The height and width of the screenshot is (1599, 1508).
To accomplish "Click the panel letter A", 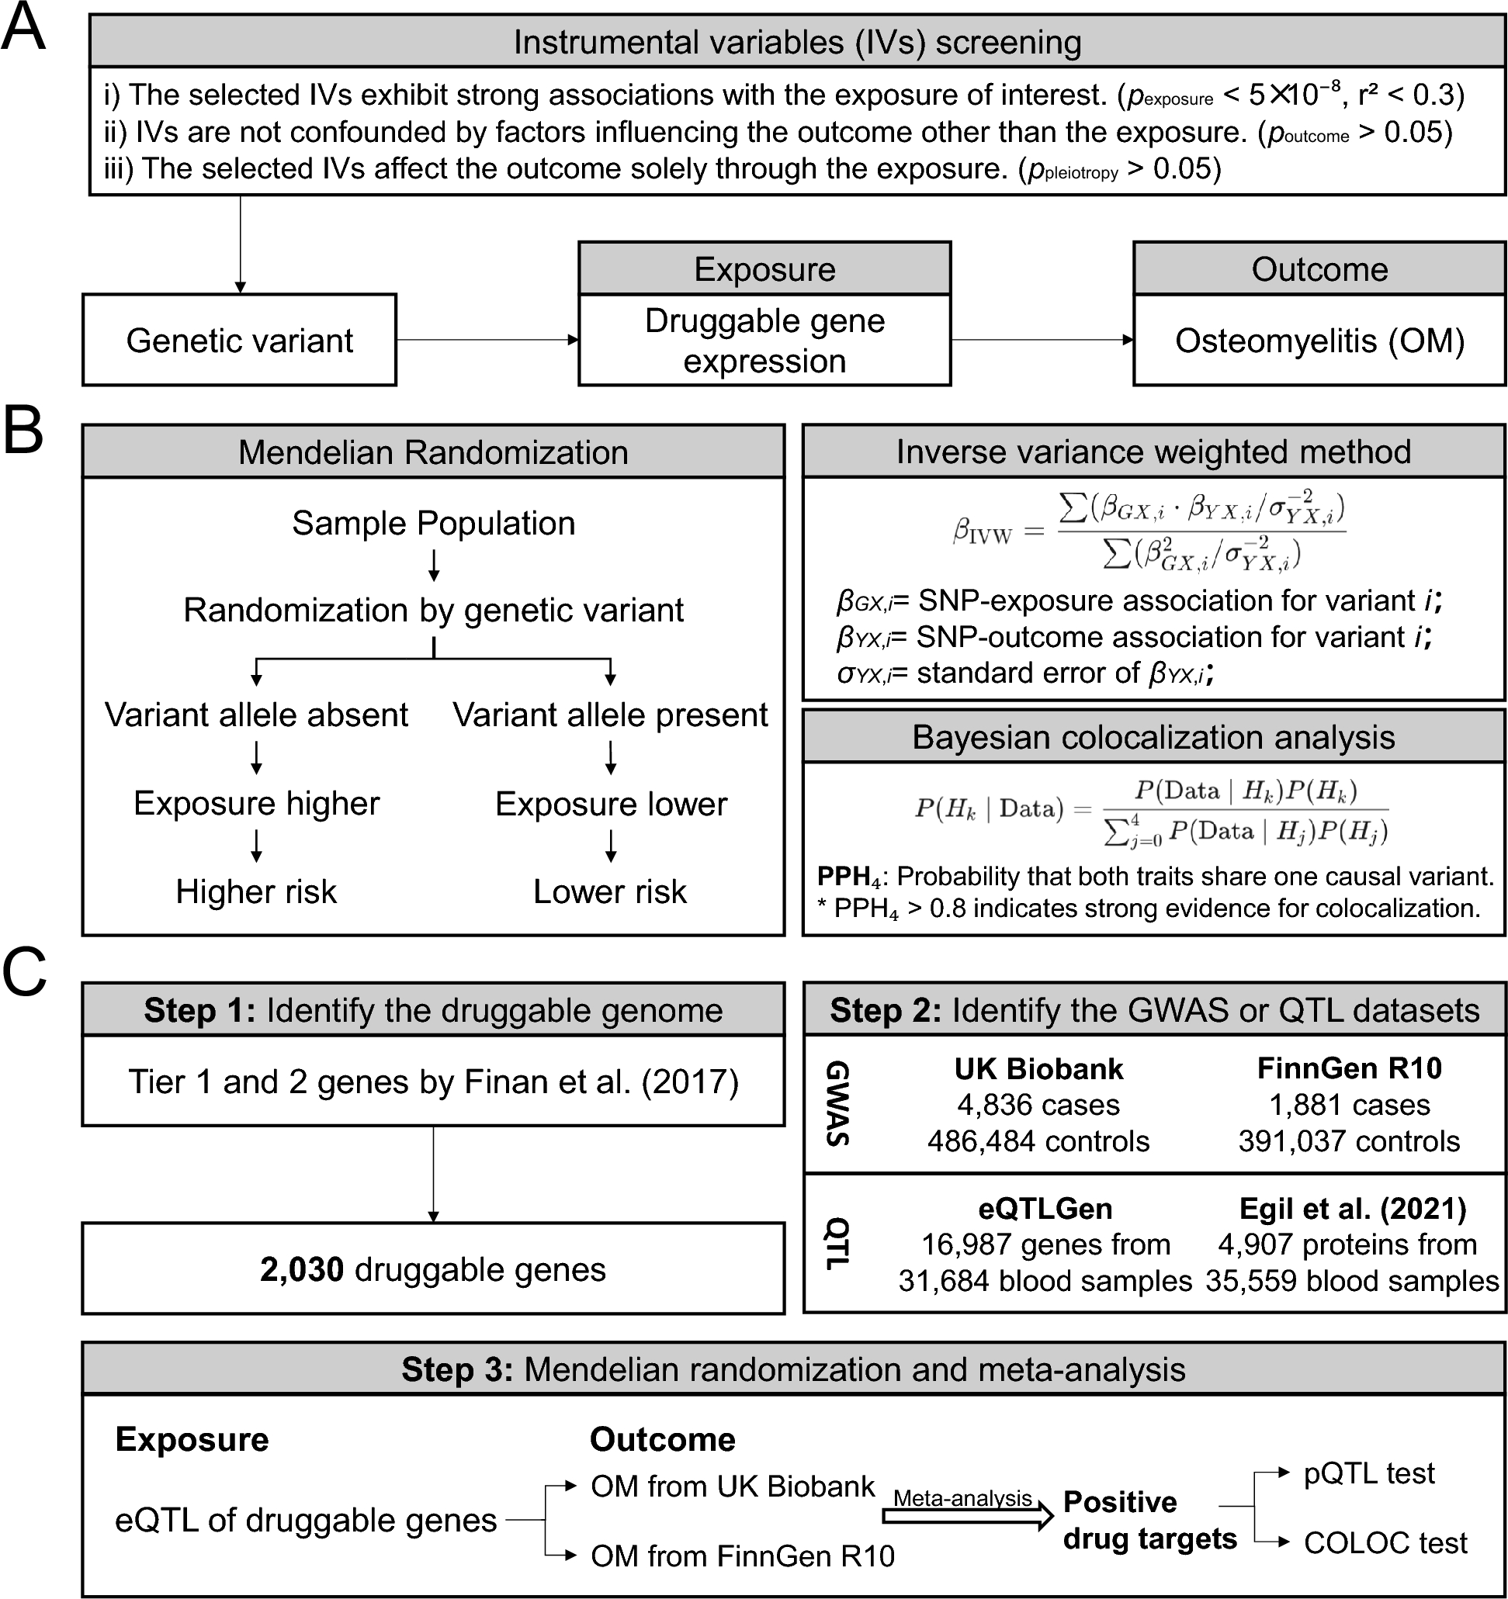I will pyautogui.click(x=24, y=29).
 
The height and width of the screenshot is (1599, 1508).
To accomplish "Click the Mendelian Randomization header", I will pyautogui.click(x=433, y=452).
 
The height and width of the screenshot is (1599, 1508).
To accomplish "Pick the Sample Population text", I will pyautogui.click(x=433, y=524).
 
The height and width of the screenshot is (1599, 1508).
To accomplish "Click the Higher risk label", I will pyautogui.click(x=256, y=891).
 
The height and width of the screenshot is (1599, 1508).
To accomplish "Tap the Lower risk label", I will pyautogui.click(x=610, y=891).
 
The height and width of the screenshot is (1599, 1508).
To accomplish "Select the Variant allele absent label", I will pyautogui.click(x=256, y=715).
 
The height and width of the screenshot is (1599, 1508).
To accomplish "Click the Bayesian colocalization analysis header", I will pyautogui.click(x=1153, y=737).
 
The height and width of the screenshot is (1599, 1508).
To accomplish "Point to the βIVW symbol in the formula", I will pyautogui.click(x=982, y=532).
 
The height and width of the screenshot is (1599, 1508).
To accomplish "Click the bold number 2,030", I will pyautogui.click(x=302, y=1269).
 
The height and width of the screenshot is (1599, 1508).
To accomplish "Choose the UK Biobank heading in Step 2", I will pyautogui.click(x=1038, y=1068).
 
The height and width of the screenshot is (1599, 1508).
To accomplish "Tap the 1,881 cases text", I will pyautogui.click(x=1350, y=1104).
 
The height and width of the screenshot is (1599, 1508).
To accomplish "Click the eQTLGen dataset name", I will pyautogui.click(x=1045, y=1208).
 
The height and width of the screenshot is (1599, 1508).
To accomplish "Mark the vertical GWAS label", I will pyautogui.click(x=837, y=1103).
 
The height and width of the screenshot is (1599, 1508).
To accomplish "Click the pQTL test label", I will pyautogui.click(x=1369, y=1473).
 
